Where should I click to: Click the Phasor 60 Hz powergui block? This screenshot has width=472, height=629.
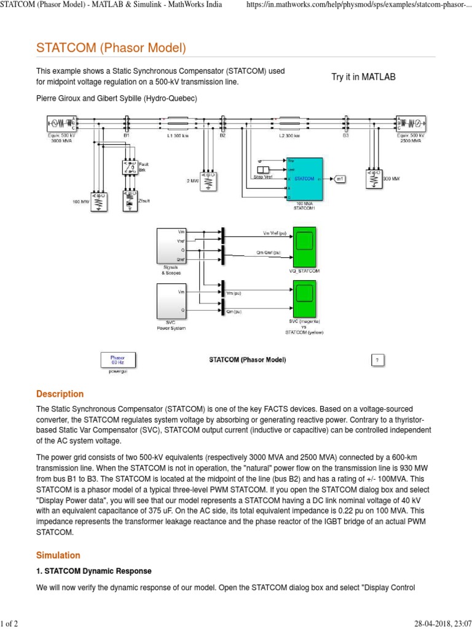[x=117, y=359]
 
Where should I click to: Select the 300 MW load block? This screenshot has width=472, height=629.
[x=372, y=179]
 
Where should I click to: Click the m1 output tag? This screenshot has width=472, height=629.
[x=340, y=179]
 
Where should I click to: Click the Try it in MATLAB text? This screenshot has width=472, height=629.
[x=363, y=77]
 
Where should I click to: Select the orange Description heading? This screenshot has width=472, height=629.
[x=60, y=394]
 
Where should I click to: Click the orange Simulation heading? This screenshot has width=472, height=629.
[x=58, y=555]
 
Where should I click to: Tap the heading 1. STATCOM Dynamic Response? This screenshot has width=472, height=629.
[x=93, y=571]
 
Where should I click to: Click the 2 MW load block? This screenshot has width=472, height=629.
[x=208, y=180]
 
